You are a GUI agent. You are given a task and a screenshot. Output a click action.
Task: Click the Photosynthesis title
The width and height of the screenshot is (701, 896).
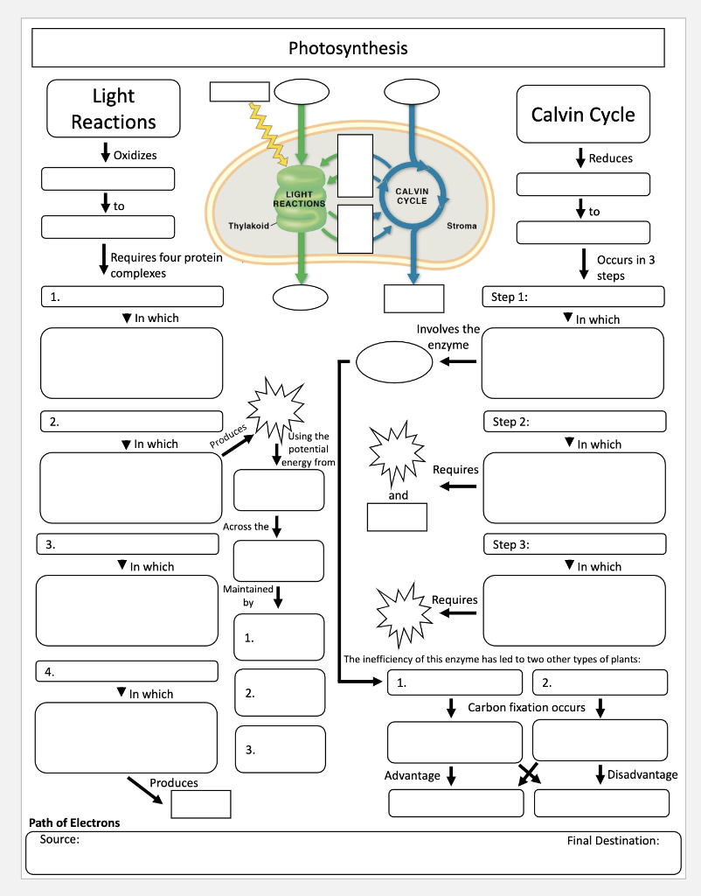(x=348, y=48)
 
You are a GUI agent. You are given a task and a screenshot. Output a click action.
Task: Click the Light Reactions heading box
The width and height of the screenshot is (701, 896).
(x=114, y=108)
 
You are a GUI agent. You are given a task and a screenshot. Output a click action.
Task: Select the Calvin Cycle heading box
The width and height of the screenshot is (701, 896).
(x=583, y=114)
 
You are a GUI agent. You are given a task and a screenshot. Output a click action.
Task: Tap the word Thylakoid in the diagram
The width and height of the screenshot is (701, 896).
(x=249, y=226)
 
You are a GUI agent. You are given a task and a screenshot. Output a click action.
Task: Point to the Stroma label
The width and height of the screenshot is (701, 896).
(x=462, y=226)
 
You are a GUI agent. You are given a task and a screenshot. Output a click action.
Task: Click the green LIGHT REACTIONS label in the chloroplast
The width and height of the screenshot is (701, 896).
(x=299, y=199)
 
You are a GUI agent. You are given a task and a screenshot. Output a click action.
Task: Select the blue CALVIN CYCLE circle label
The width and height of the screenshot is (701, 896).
(x=412, y=195)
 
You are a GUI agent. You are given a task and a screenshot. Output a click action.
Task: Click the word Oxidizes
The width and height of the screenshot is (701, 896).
(x=135, y=156)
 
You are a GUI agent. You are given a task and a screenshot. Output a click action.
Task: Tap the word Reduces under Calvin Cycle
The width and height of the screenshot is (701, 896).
(x=610, y=158)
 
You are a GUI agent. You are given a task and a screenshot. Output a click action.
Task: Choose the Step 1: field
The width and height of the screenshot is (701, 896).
(x=573, y=297)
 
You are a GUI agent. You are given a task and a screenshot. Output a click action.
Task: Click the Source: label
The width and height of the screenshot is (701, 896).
(x=59, y=839)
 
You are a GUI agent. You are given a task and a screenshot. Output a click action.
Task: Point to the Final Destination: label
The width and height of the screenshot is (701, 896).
(x=612, y=841)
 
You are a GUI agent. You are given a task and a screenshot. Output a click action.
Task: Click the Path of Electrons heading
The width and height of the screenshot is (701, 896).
(x=74, y=822)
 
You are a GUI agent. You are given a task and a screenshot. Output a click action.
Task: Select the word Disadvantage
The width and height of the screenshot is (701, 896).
(x=642, y=774)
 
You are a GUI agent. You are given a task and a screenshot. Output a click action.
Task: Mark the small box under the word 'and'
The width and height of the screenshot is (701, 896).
(x=397, y=517)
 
